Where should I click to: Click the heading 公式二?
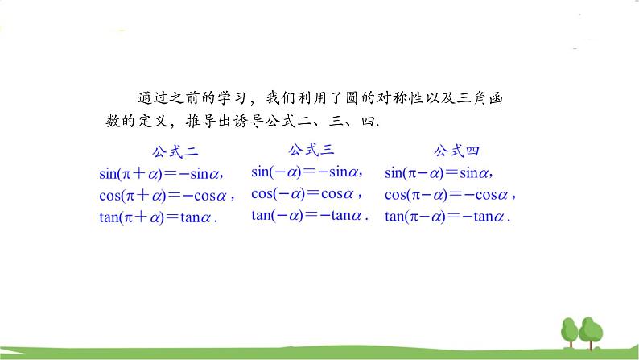coord(175,151)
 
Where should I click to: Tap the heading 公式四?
coord(456,151)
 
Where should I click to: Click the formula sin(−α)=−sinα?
coord(306,171)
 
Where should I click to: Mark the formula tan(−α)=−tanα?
coord(309,215)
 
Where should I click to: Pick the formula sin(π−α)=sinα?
coord(438,172)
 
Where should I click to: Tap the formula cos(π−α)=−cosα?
coord(448,194)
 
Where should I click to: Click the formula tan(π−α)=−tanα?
coord(447,216)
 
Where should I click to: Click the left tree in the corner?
coord(570,331)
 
